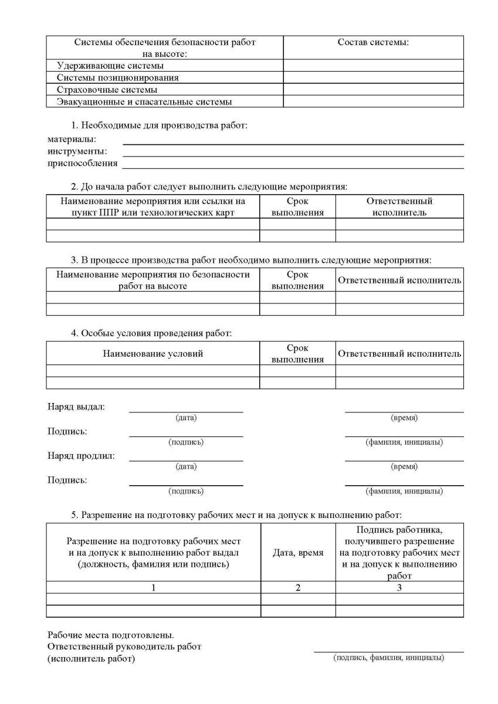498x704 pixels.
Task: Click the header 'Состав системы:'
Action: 373,42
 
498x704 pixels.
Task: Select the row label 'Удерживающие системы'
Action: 110,66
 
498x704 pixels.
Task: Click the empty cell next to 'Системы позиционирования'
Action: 373,77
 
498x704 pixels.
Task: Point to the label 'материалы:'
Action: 72,139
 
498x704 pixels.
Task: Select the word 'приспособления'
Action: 82,163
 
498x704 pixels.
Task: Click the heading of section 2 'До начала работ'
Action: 209,187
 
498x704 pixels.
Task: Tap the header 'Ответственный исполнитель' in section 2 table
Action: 399,207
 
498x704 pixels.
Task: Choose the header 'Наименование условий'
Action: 153,354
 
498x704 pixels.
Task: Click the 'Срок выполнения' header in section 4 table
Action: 297,354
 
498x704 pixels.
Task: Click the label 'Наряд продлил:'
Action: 81,455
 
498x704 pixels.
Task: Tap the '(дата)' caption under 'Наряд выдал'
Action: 186,418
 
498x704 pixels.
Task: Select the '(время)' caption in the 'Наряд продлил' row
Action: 404,466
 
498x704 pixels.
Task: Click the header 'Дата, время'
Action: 298,553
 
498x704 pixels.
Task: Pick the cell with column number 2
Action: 298,588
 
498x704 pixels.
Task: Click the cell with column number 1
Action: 153,588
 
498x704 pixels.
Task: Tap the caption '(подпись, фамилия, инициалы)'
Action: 388,658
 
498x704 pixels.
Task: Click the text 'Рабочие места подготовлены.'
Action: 110,635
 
